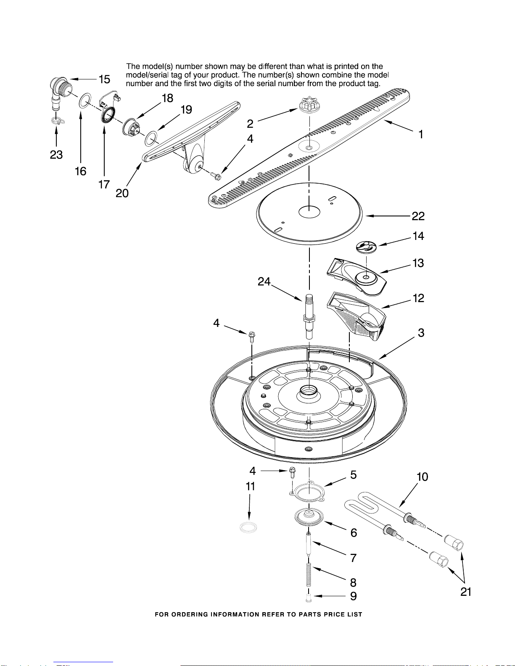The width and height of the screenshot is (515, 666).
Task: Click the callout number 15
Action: (105, 79)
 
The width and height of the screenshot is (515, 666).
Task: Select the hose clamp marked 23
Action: (57, 121)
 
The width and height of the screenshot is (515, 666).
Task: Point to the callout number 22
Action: (418, 216)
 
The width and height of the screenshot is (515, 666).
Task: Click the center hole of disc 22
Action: (309, 212)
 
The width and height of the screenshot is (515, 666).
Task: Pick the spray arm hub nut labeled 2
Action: (309, 105)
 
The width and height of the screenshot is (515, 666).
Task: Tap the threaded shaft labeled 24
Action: (309, 316)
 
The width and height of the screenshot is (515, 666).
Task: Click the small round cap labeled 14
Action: (366, 247)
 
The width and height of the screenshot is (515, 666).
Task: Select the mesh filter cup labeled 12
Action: (356, 316)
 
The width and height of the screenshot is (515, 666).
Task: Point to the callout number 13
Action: (418, 263)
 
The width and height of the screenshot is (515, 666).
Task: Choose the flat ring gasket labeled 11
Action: (248, 527)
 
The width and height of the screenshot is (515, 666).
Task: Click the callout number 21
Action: (466, 592)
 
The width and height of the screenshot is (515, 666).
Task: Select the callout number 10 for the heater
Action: (422, 477)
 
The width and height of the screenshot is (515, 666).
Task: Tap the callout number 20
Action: (122, 193)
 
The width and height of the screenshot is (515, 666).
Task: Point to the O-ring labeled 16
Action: (85, 100)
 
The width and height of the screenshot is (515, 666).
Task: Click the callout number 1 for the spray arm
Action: (421, 134)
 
